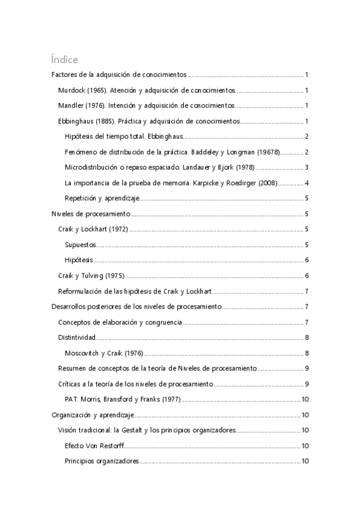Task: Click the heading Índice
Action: coord(64,60)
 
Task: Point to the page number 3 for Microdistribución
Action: coord(307,167)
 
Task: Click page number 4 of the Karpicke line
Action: coord(307,183)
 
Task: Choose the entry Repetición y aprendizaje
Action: coord(102,198)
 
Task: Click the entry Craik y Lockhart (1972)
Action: coord(93,229)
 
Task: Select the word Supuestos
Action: coord(80,245)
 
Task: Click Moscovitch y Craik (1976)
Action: coord(103,353)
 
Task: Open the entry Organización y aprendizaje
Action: coord(92,414)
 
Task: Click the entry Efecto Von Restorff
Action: coord(93,446)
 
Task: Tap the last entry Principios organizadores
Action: coord(102,461)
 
